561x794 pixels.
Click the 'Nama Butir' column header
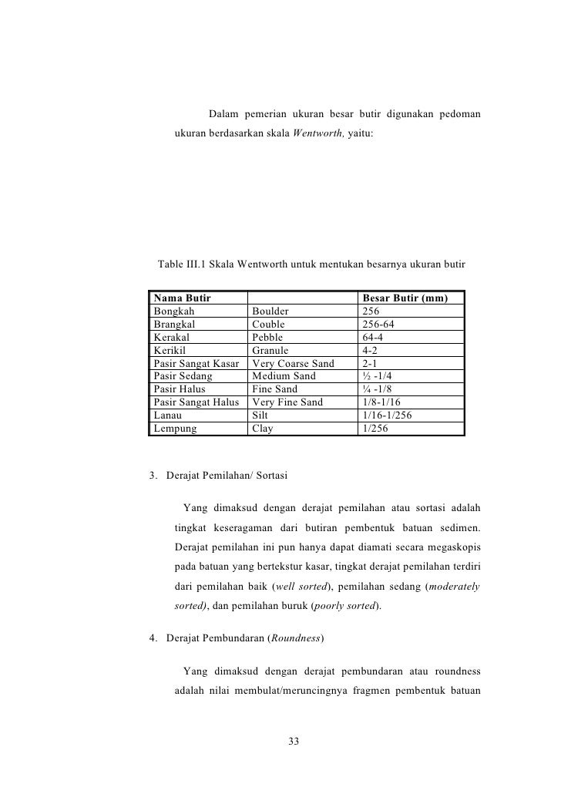coord(182,298)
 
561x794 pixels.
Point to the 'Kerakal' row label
coord(172,338)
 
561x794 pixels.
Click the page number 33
coord(293,742)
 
